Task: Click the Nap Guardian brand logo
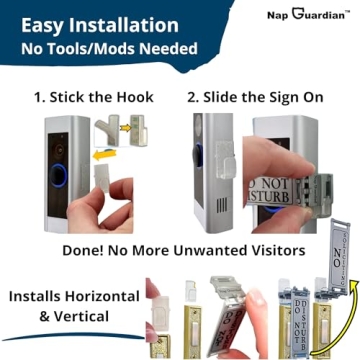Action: pyautogui.click(x=306, y=14)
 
